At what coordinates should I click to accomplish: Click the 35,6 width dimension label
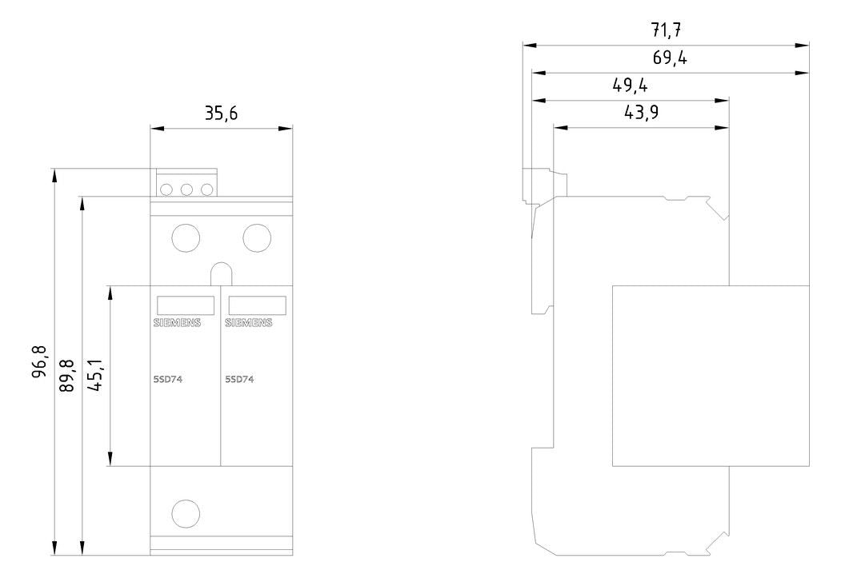220,114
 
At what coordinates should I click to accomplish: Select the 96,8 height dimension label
40,362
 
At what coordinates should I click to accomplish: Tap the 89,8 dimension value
67,375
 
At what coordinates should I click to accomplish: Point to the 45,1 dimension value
96,375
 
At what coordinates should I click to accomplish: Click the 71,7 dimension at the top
666,30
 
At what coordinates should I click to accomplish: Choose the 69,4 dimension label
670,58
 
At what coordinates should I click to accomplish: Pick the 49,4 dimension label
630,86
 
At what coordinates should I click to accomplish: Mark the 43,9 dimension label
642,113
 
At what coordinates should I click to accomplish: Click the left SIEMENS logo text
177,322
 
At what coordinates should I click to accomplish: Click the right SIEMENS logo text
248,322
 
